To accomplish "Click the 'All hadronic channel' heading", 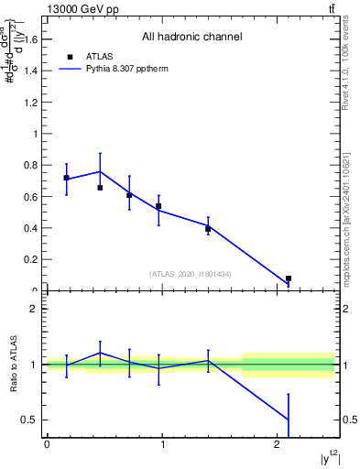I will coord(191,38).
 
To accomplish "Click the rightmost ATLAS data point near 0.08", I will coord(289,278).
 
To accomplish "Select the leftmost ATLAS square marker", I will coord(66,178).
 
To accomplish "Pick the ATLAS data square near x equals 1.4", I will coord(208,229).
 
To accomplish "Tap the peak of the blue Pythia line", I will coord(100,171).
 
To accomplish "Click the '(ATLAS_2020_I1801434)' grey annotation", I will coord(191,274).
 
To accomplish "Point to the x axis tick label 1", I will coord(163,445).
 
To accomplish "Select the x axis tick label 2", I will coord(278,445).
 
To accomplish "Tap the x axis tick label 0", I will coord(47,445).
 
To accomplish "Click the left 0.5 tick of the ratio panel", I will coord(29,420).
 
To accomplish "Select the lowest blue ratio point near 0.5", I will coord(289,420).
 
